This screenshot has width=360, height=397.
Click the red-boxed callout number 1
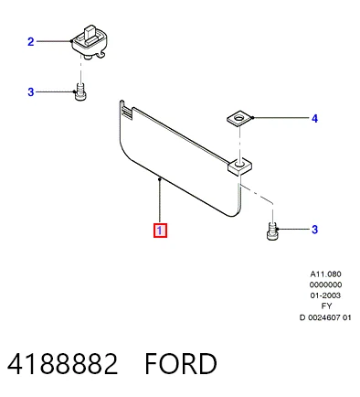pos(160,231)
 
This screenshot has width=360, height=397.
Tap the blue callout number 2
pos(31,42)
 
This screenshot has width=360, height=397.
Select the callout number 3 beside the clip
pos(31,91)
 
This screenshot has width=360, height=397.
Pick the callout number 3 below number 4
pos(315,230)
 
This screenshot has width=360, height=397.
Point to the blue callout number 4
pos(314,118)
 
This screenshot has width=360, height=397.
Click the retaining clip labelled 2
pos(90,42)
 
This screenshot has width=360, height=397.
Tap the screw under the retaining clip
pos(80,91)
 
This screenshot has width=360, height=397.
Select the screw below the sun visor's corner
pos(272,231)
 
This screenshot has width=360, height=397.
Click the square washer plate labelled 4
pos(240,119)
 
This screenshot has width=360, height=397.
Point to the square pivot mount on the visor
pos(240,167)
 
